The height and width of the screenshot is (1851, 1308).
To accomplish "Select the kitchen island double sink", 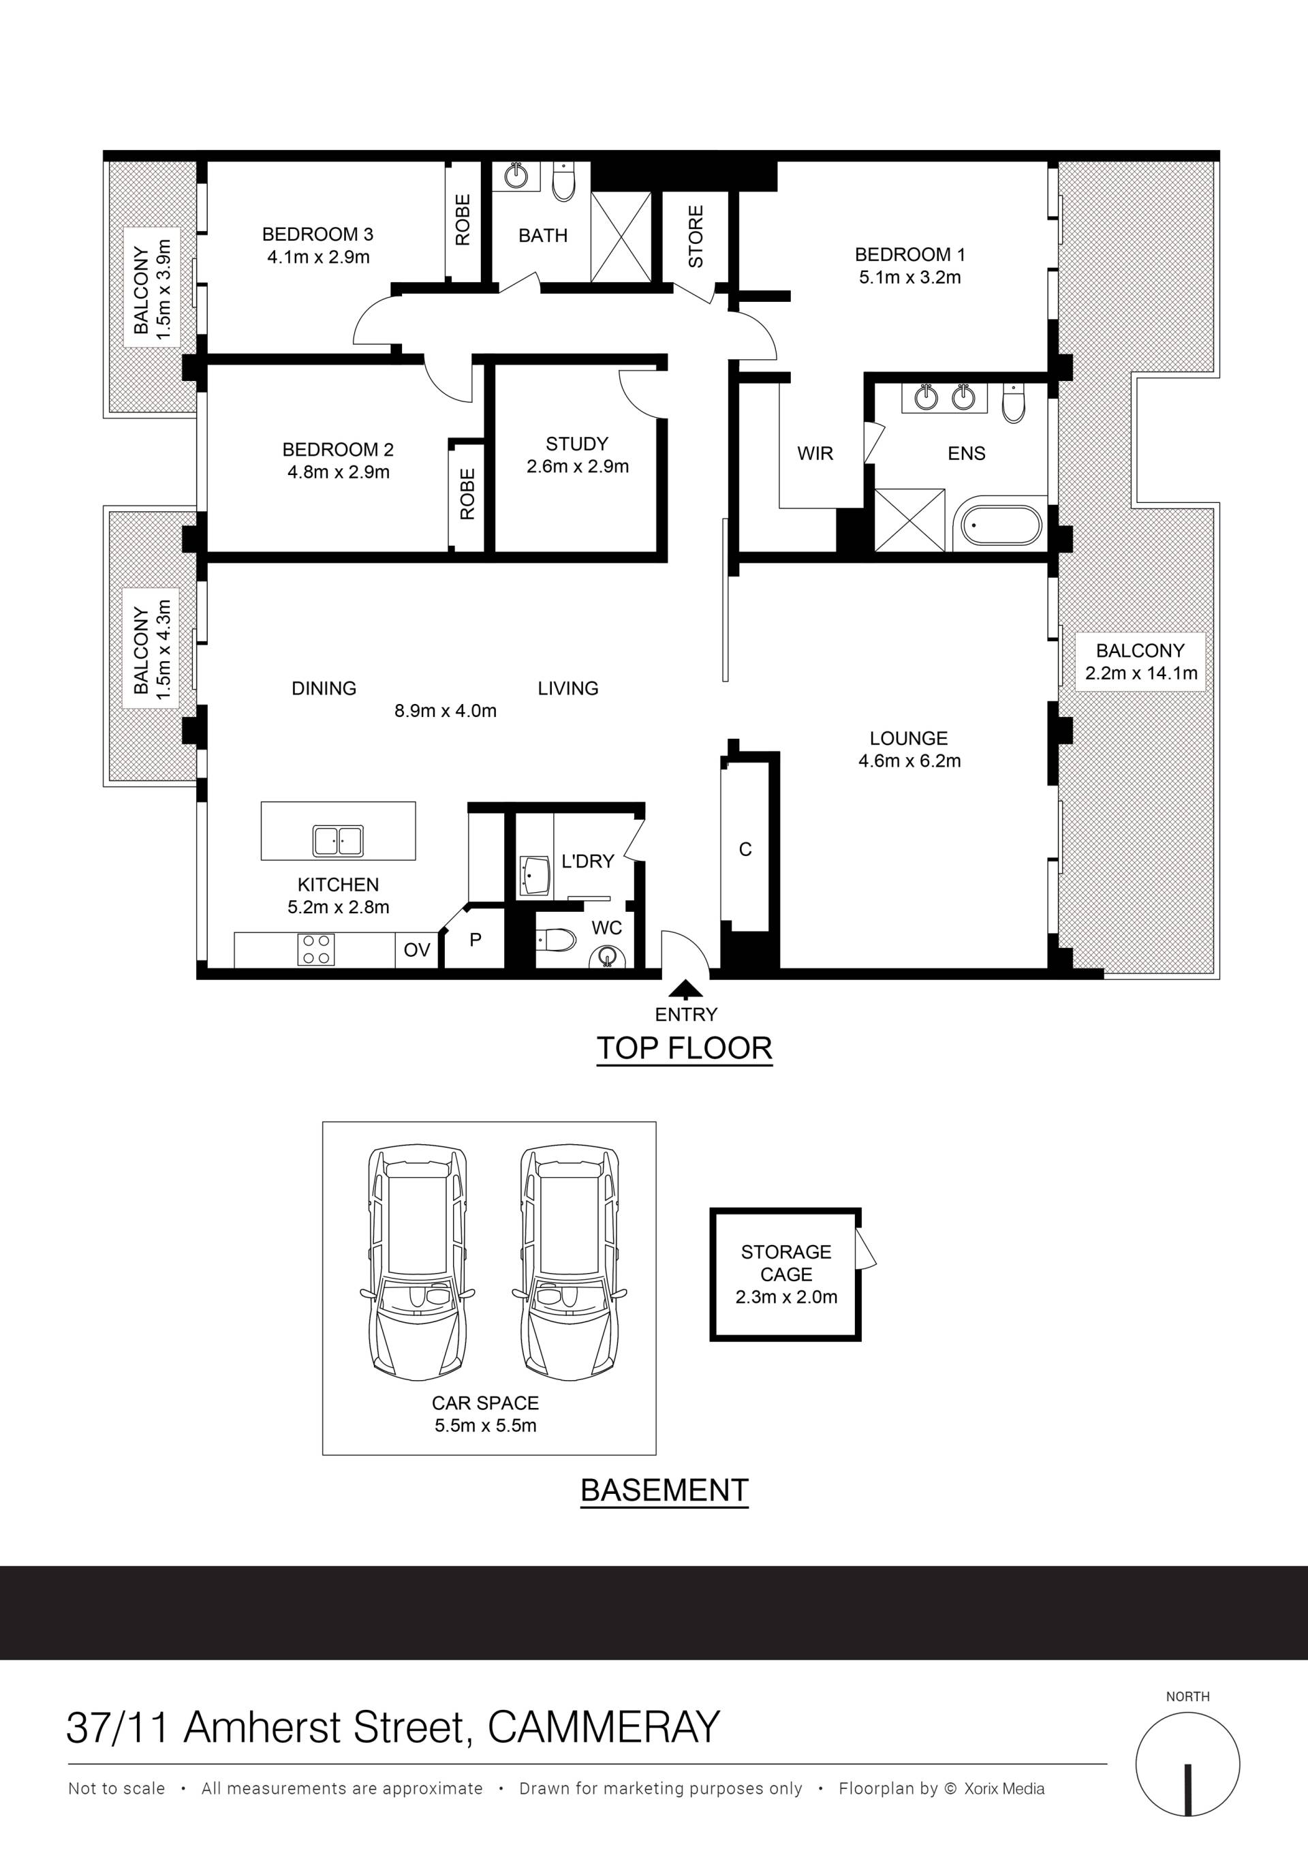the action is (x=338, y=841).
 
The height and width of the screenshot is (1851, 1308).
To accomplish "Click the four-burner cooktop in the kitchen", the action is (x=315, y=949).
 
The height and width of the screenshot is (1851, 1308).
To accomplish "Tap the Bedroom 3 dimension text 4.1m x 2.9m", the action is (x=318, y=257).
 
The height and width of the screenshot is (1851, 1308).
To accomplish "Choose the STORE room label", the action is (x=696, y=236).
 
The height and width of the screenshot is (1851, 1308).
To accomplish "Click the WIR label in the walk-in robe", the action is (x=815, y=453).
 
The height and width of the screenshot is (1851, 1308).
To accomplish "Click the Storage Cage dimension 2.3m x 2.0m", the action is (x=785, y=1297).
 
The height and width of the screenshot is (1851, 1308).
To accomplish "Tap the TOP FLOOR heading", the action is (x=684, y=1048).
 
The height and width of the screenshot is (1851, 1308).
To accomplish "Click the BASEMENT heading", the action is (x=665, y=1490).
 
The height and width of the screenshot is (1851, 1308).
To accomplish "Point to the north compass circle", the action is (x=1188, y=1764).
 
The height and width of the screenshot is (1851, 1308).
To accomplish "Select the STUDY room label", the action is (x=577, y=444).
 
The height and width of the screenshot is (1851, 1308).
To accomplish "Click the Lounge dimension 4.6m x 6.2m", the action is (x=909, y=761).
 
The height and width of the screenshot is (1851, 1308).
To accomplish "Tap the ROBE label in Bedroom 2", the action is (x=467, y=493).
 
